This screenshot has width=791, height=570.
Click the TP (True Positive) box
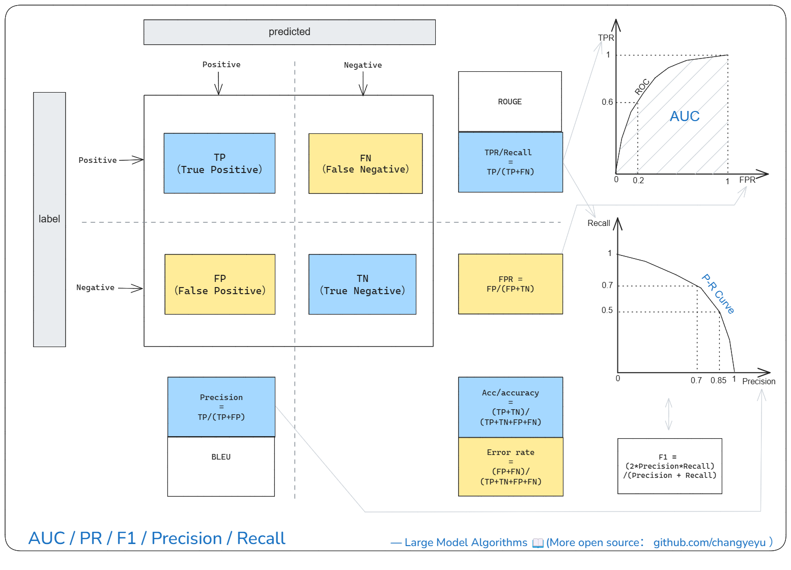pyautogui.click(x=220, y=163)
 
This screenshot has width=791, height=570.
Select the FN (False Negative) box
pyautogui.click(x=366, y=164)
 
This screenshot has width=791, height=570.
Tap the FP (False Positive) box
pyautogui.click(x=220, y=284)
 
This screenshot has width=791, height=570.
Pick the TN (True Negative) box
pyautogui.click(x=362, y=284)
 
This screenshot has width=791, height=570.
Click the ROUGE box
pyautogui.click(x=510, y=102)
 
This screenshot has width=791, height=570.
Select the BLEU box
pyautogui.click(x=221, y=467)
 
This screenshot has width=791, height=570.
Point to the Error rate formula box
pyautogui.click(x=511, y=467)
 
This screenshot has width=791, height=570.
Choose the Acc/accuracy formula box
pyautogui.click(x=511, y=408)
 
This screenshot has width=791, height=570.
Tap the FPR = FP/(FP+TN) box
pyautogui.click(x=511, y=284)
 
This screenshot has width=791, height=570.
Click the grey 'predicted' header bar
pyautogui.click(x=290, y=32)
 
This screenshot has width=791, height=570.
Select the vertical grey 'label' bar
pyautogui.click(x=49, y=220)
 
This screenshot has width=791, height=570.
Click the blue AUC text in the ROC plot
pyautogui.click(x=685, y=116)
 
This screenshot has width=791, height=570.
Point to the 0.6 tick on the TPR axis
pyautogui.click(x=607, y=102)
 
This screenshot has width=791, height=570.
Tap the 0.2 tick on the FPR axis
pyautogui.click(x=638, y=181)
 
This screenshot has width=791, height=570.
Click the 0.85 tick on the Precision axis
pyautogui.click(x=719, y=381)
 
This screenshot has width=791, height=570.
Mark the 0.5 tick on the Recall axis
pyautogui.click(x=607, y=310)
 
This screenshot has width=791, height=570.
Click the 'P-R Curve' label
pyautogui.click(x=718, y=294)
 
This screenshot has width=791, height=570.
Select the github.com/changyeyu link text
pyautogui.click(x=710, y=543)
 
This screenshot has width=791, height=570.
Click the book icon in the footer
pyautogui.click(x=538, y=543)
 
